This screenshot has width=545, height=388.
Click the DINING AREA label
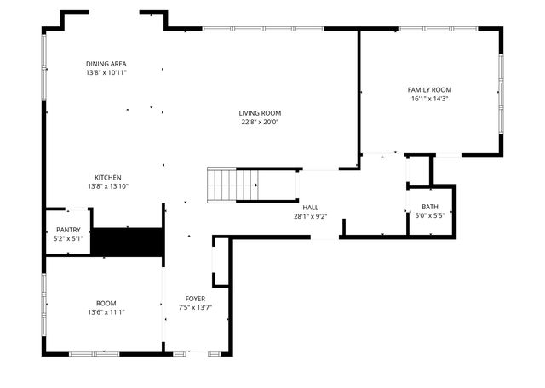coord(106,64)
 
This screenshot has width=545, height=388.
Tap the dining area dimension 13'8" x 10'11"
coord(106,73)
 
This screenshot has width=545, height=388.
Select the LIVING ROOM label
coord(260,113)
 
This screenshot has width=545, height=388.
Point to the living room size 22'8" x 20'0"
coord(260,123)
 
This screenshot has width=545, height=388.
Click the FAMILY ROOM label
coord(429,89)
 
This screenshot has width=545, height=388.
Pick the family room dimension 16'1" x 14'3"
coord(429,99)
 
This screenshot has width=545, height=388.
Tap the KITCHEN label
coord(107,177)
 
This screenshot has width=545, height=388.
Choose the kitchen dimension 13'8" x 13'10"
coord(107,186)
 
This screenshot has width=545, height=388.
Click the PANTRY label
coord(68,230)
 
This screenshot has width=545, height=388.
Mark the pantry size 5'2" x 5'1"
coord(68,239)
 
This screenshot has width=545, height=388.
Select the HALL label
coord(310,207)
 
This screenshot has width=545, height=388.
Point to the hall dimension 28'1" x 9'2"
coord(310,216)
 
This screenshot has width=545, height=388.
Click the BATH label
coord(429,207)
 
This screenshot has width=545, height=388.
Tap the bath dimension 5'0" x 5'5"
coord(429,216)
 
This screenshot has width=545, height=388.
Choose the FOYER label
coord(195,299)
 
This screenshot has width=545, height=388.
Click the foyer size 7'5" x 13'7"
coord(195,308)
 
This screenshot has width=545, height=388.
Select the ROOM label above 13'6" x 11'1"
coord(106,303)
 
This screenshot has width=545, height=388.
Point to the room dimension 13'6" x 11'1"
coord(106,312)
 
